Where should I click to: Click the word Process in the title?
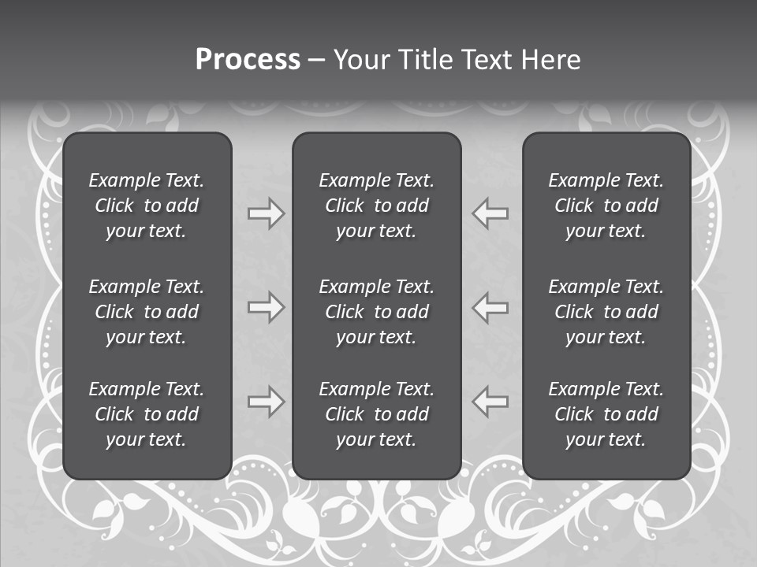[248, 60]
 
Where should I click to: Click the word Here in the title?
[550, 60]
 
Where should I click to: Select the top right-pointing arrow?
[266, 213]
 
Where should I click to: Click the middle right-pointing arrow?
[266, 307]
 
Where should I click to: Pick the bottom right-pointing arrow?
[266, 402]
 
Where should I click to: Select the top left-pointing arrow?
[490, 213]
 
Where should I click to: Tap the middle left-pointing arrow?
[490, 307]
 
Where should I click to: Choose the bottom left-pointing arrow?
[490, 402]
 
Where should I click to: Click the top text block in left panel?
[147, 206]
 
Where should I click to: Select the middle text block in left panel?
[147, 312]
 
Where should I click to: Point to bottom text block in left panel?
[147, 414]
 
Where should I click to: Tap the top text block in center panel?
[376, 206]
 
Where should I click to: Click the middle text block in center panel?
[376, 312]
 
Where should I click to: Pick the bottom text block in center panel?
[376, 414]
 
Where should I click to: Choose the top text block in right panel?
[606, 206]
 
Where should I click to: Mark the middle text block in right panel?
[606, 312]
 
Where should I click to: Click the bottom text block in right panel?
[606, 414]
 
